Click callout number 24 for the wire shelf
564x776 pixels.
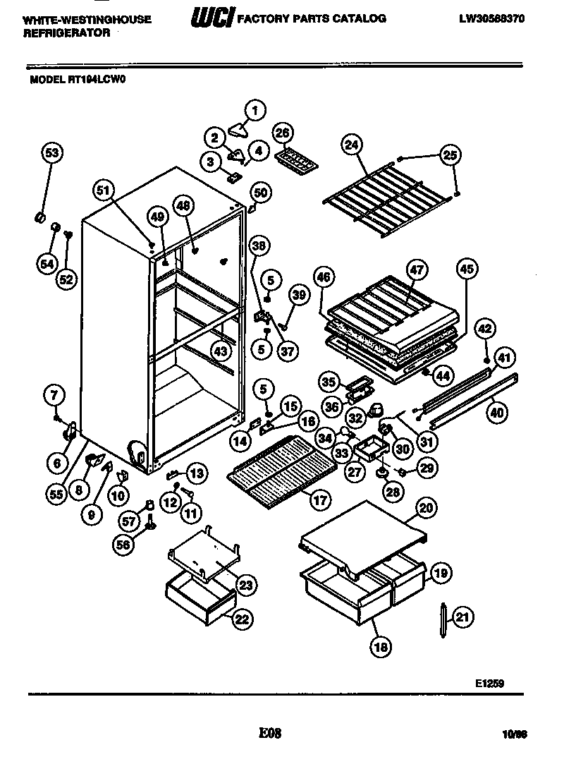pyautogui.click(x=350, y=145)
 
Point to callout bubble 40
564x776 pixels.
pyautogui.click(x=498, y=413)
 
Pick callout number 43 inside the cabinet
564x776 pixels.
pyautogui.click(x=221, y=350)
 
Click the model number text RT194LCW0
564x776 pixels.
pyautogui.click(x=97, y=80)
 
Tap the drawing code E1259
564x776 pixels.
pyautogui.click(x=489, y=683)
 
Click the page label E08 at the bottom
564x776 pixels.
pyautogui.click(x=270, y=734)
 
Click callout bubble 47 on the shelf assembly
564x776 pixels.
pyautogui.click(x=417, y=269)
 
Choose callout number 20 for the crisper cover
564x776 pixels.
pyautogui.click(x=425, y=508)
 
